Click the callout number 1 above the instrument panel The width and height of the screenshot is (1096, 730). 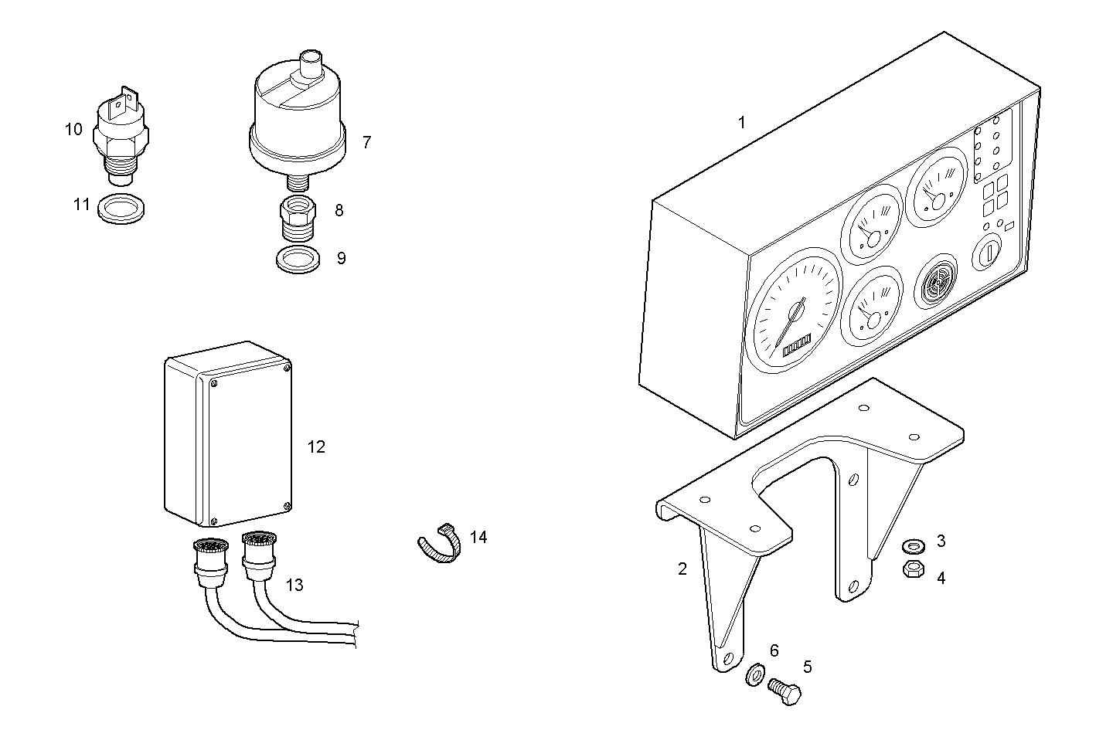point(742,122)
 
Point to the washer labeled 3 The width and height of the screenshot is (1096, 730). point(912,547)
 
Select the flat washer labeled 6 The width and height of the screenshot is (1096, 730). point(754,674)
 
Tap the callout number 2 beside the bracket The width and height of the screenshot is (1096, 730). point(682,569)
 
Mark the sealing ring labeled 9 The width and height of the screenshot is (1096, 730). point(298,260)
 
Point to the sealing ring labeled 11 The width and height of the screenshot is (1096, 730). point(124,209)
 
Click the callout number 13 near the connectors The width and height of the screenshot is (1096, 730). point(294,585)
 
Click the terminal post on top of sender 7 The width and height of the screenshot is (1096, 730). point(311,62)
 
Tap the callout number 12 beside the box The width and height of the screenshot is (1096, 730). point(316,447)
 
